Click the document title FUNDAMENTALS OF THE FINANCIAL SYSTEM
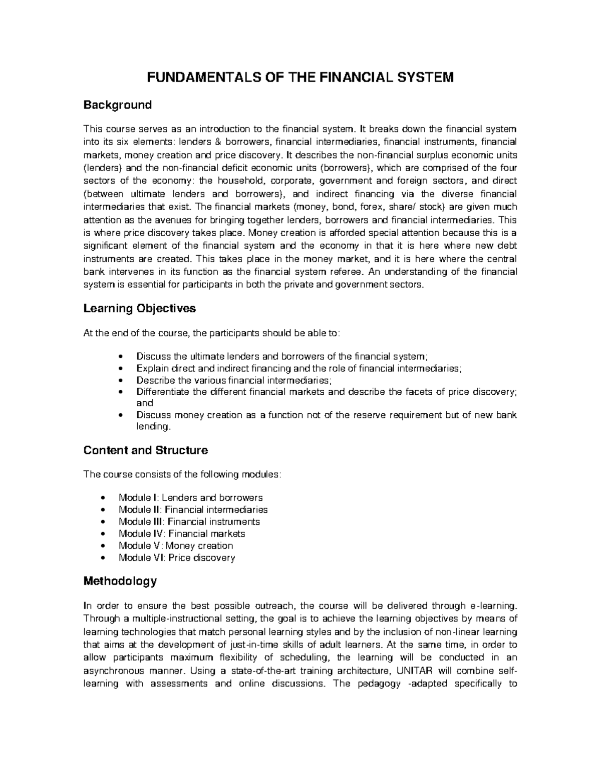299,78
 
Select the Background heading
117,105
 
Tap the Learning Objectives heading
139,309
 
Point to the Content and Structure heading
145,450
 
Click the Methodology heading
120,581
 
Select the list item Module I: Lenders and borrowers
190,498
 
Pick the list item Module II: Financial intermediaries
193,510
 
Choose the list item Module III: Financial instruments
189,522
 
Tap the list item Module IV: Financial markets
182,534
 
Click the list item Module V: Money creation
175,546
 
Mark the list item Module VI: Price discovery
176,558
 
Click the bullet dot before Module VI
103,558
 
